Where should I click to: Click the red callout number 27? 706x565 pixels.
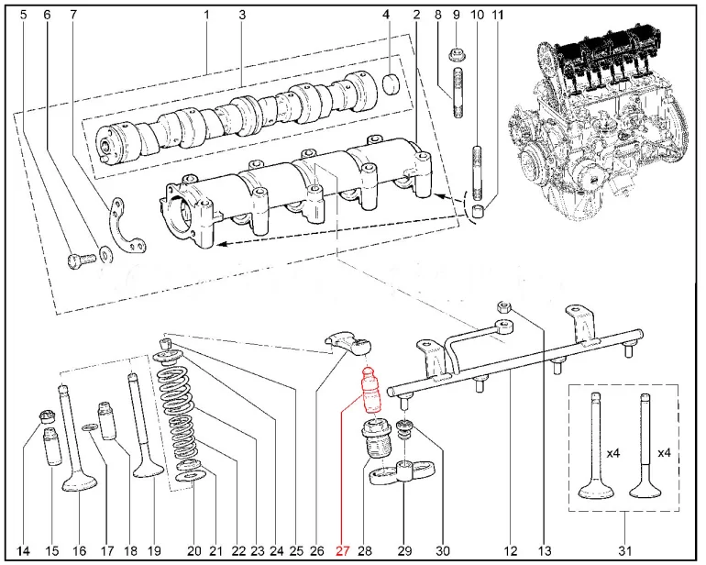[342, 551]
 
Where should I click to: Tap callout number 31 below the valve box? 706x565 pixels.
[624, 551]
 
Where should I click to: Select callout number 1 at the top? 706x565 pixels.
[207, 15]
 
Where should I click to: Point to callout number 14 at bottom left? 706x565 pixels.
[24, 551]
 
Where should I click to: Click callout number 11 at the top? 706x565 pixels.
[498, 15]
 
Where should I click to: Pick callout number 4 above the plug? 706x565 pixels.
[386, 15]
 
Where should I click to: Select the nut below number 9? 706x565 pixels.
[457, 53]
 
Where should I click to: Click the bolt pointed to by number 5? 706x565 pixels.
[80, 258]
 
